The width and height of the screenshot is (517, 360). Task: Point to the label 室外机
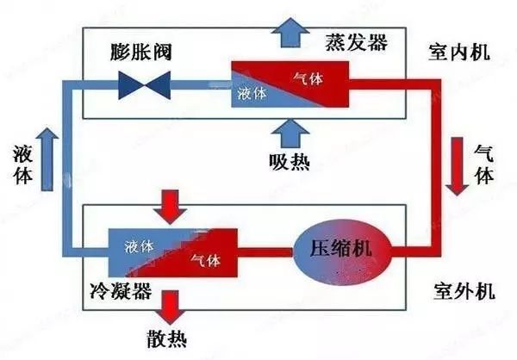click(463, 290)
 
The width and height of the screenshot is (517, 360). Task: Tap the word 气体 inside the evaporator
click(307, 79)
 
